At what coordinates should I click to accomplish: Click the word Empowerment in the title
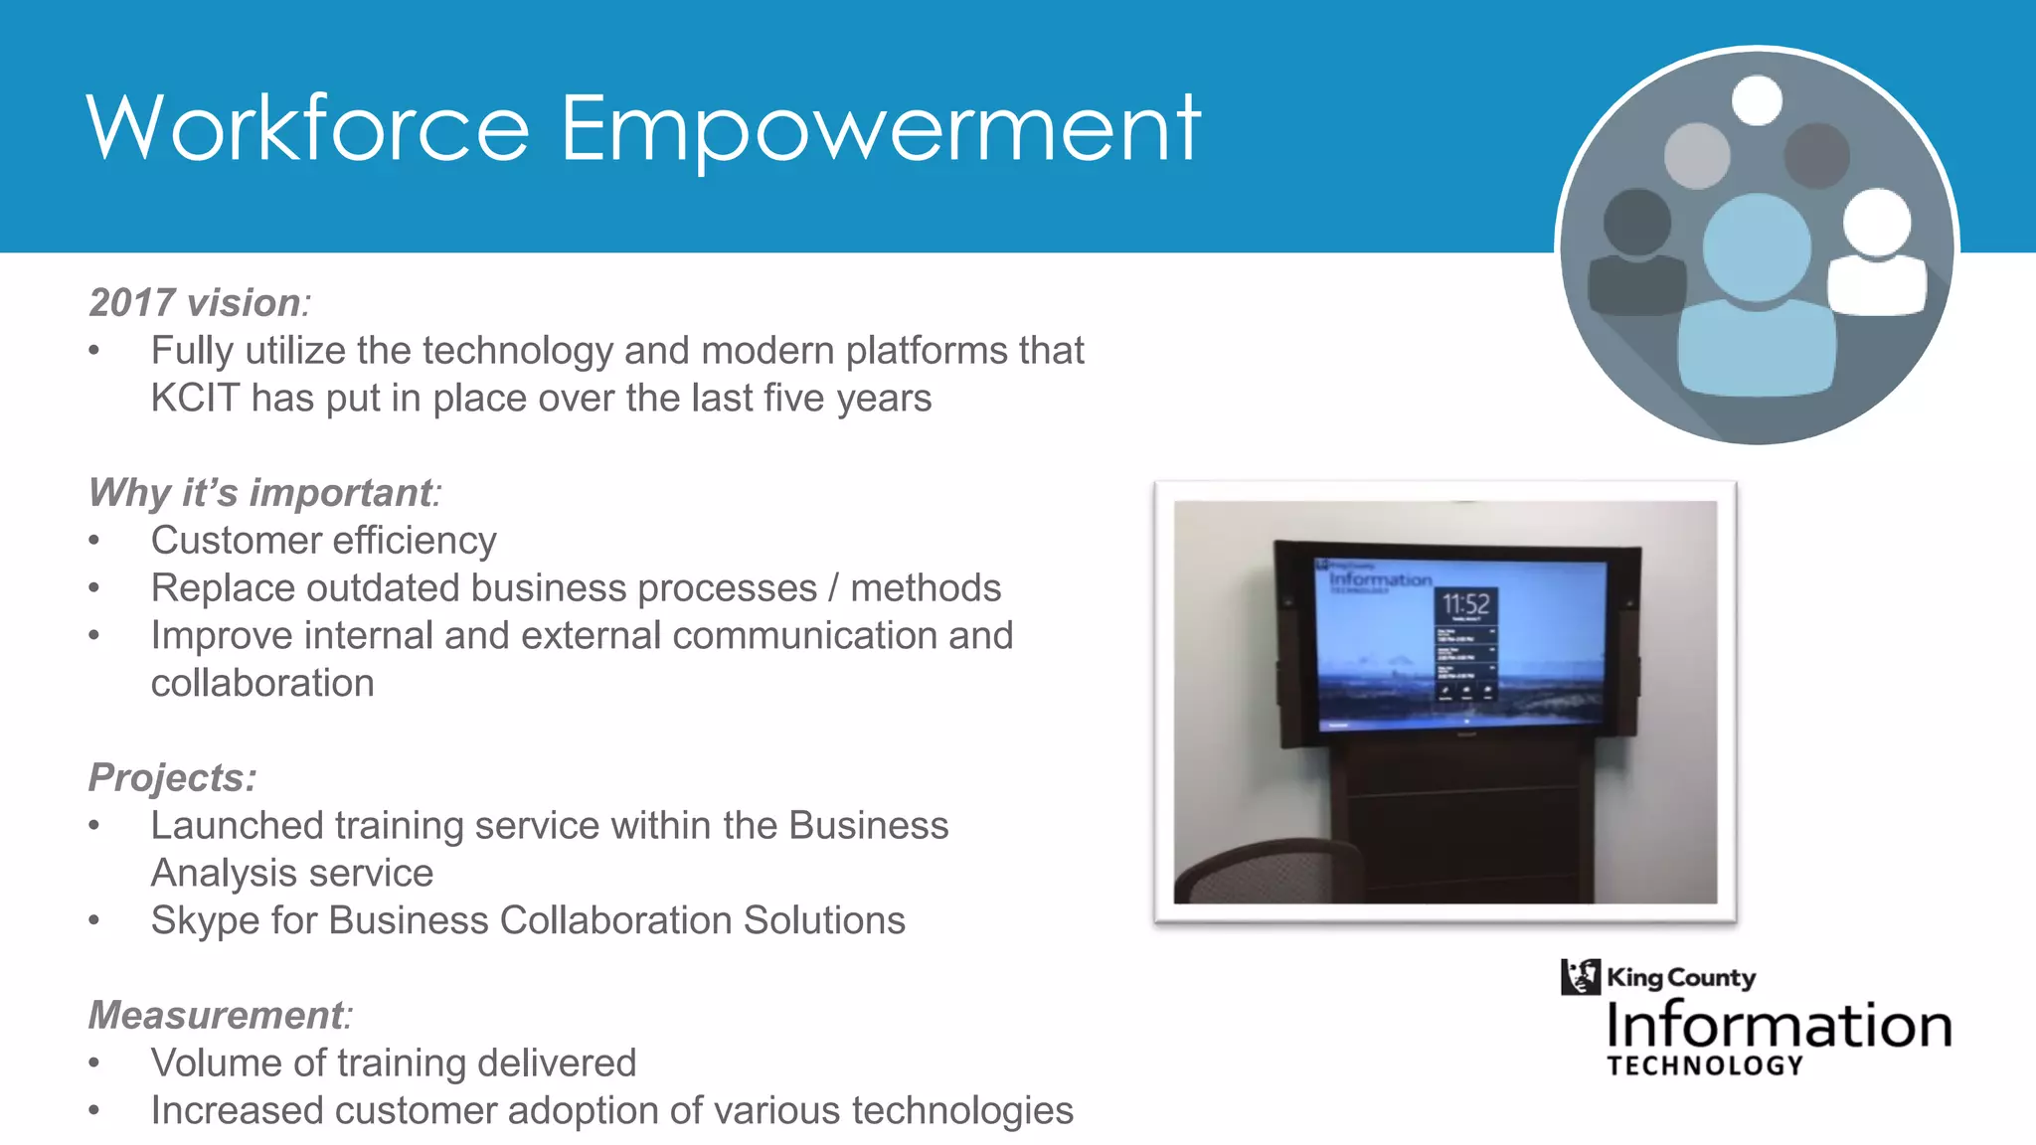(880, 128)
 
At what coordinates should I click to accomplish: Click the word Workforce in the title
(308, 128)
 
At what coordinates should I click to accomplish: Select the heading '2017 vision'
(195, 302)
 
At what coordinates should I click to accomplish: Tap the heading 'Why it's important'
(261, 492)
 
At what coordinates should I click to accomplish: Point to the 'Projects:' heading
(172, 777)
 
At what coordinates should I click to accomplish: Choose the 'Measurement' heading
(217, 1015)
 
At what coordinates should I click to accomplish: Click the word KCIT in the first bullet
(195, 398)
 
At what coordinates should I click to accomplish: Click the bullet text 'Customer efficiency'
(323, 541)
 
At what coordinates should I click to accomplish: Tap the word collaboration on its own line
(262, 683)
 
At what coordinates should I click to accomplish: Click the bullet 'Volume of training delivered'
(393, 1063)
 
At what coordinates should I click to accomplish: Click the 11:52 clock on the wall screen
(1465, 603)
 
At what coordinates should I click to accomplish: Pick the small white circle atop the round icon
(1757, 100)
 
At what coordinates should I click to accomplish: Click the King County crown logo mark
(1580, 977)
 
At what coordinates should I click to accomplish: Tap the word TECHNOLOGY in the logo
(1705, 1065)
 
